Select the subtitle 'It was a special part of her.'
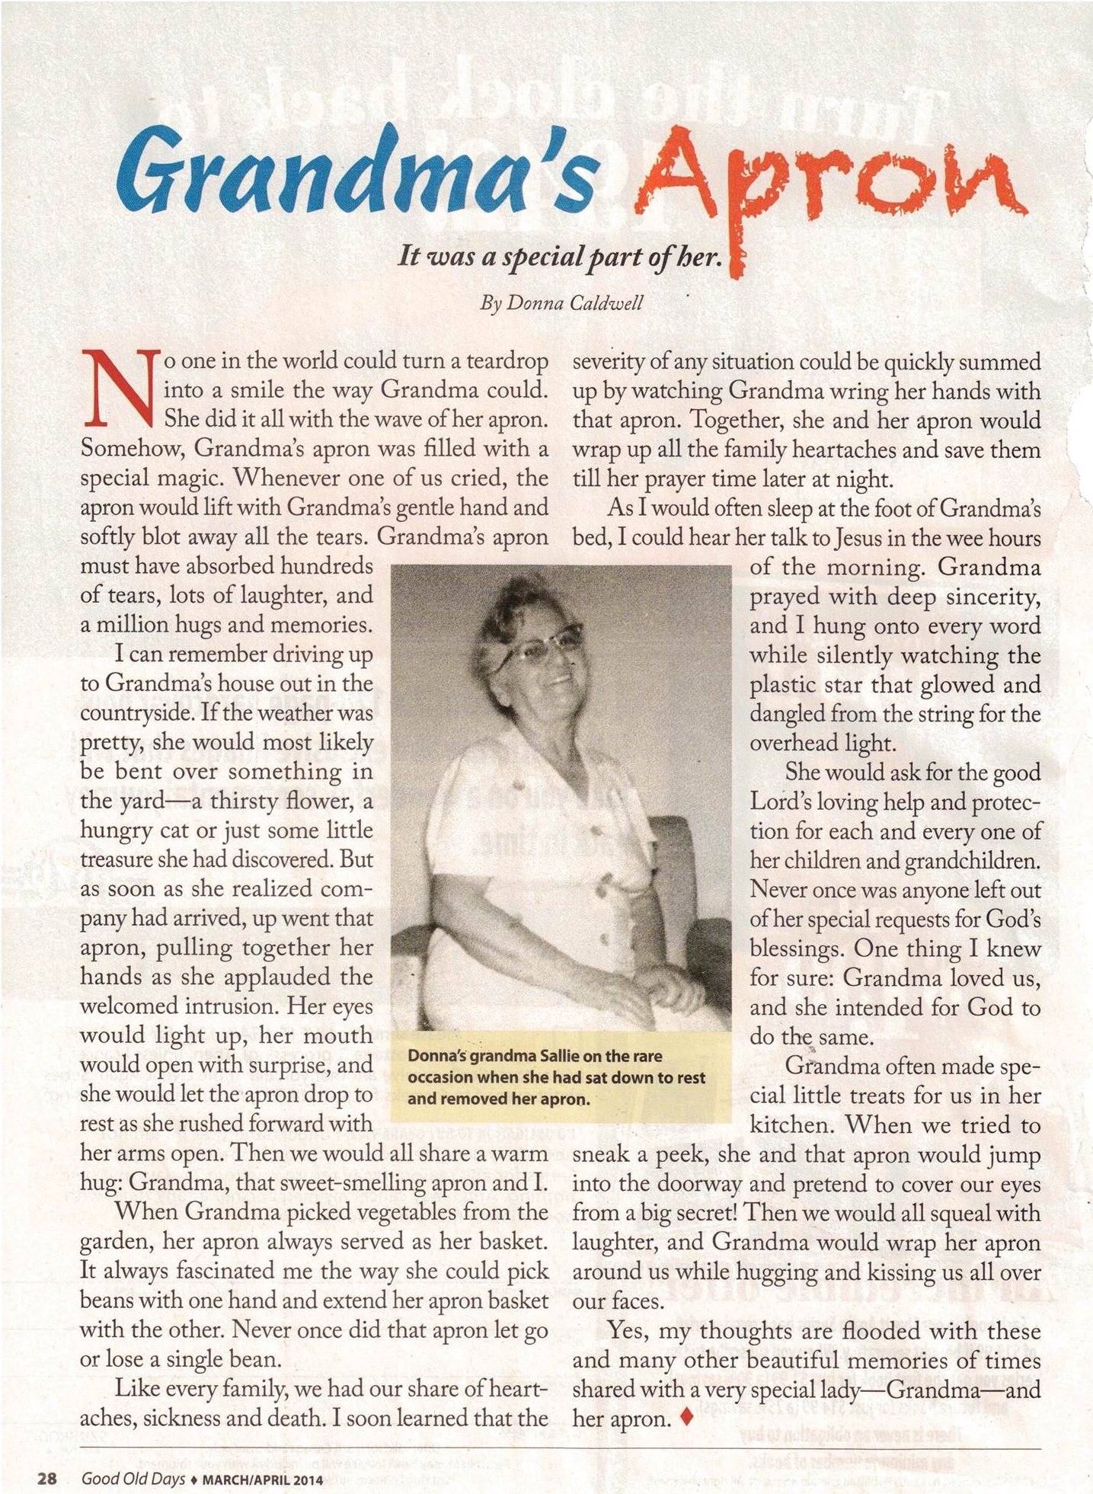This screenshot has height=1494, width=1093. [560, 257]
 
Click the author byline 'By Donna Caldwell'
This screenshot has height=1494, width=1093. [561, 303]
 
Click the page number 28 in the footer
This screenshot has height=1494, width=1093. [48, 1457]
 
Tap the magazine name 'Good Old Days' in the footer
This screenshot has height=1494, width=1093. [133, 1457]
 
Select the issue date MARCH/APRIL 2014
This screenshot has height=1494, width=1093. [260, 1458]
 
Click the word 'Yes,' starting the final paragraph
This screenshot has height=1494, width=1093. [628, 1330]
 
